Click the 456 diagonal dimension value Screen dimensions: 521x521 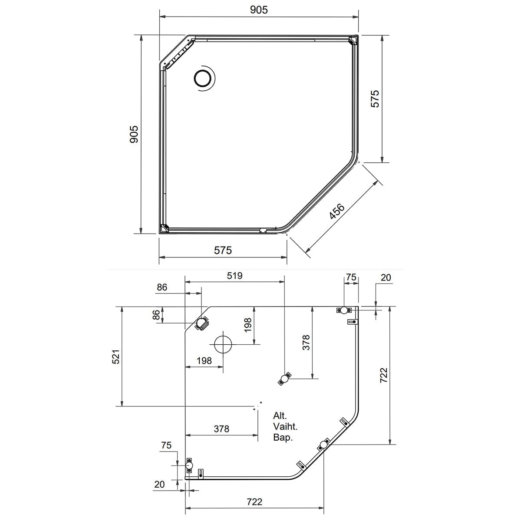[337, 211]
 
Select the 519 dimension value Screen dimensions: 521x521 [235, 276]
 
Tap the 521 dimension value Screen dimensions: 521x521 [116, 356]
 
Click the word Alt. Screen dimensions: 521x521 [280, 415]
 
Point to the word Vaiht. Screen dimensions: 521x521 [286, 426]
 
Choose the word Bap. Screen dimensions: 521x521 [283, 438]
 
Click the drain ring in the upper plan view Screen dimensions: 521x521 [202, 79]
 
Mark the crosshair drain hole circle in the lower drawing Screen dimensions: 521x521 [223, 344]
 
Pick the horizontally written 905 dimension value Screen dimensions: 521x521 [259, 10]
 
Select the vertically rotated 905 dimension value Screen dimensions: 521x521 [134, 134]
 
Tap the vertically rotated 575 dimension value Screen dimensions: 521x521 [375, 99]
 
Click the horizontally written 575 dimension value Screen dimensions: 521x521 [223, 250]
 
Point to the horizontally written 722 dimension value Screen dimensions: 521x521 [254, 502]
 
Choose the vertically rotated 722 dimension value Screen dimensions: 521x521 [384, 375]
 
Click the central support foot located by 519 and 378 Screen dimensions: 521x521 [285, 379]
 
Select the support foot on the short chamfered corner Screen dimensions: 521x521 [201, 323]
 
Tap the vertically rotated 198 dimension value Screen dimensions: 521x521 [247, 325]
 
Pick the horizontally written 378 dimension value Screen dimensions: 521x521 [221, 429]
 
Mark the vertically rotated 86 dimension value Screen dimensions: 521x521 [156, 315]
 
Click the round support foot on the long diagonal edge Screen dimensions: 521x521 [323, 444]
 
